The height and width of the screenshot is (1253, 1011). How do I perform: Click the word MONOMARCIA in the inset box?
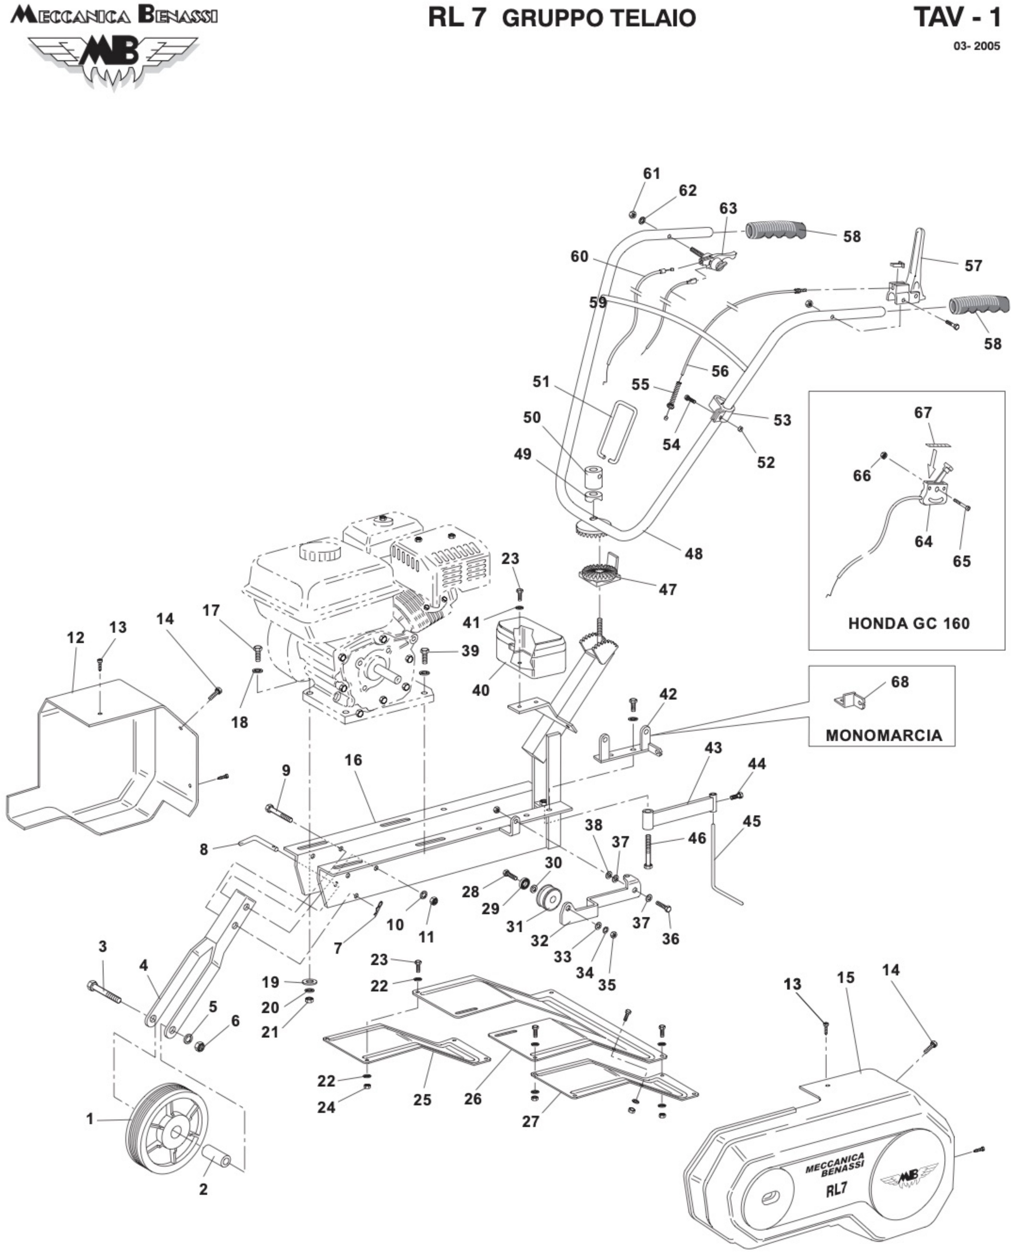pos(883,735)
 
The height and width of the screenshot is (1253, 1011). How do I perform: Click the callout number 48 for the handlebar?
pos(694,554)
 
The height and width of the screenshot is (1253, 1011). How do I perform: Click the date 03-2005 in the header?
pos(977,47)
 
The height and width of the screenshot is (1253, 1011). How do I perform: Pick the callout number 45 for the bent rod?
pos(752,821)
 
